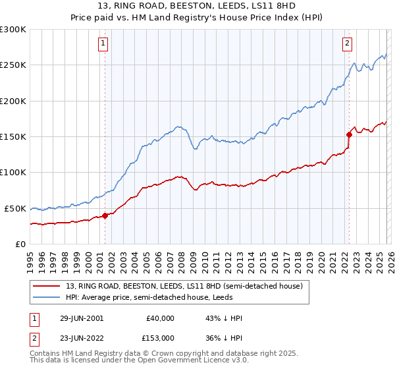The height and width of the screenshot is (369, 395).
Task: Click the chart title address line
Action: [197, 7]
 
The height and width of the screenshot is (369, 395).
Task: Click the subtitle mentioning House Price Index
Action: [197, 18]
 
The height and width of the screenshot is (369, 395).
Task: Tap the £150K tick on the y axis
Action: [13, 136]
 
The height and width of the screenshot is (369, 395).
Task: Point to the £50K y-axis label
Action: [15, 208]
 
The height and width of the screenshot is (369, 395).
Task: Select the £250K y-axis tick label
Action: [13, 65]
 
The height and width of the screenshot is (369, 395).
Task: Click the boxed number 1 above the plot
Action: [104, 44]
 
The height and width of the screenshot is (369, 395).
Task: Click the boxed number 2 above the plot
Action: [347, 44]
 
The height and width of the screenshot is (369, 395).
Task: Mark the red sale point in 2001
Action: [105, 215]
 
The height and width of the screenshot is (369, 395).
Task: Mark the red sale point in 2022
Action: [349, 134]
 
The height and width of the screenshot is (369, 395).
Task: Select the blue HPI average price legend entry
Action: [152, 297]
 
